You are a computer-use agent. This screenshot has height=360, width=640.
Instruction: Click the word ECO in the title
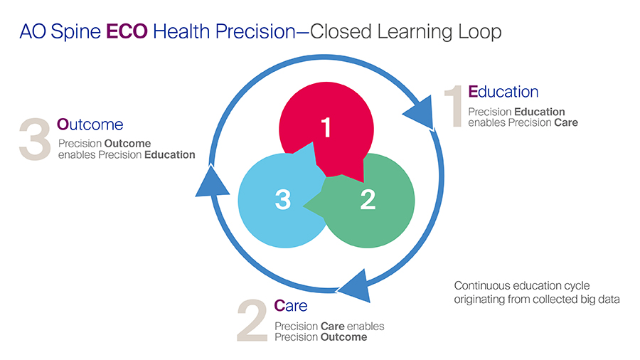127,32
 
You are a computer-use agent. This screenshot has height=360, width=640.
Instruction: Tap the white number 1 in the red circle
326,129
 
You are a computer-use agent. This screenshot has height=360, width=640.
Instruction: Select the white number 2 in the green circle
368,201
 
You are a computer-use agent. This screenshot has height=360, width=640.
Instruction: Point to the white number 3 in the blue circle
283,201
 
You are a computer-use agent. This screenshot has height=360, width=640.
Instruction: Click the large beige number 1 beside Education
454,107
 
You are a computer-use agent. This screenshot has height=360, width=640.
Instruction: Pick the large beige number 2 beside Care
254,322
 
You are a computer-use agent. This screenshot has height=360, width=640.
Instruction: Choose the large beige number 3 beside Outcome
35,140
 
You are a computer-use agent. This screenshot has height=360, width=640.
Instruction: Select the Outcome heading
90,125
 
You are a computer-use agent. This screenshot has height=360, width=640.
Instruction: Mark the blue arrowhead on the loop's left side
211,181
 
